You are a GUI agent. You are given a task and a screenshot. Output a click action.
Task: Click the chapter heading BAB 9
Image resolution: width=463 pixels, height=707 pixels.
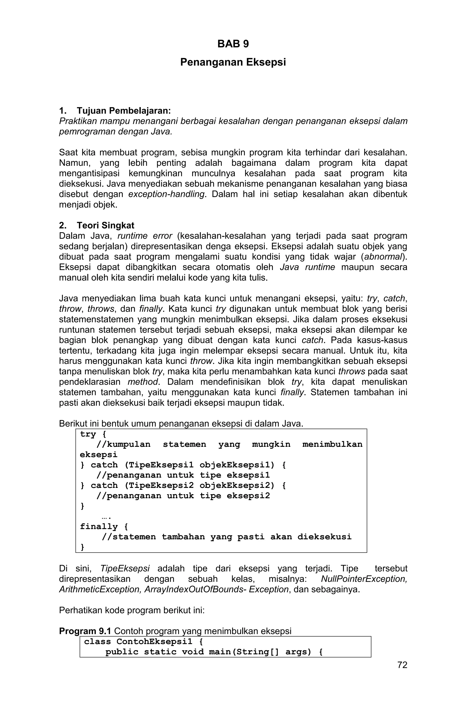tap(233, 44)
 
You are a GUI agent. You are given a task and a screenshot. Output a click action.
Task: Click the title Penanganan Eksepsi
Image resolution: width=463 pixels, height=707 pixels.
tap(233, 62)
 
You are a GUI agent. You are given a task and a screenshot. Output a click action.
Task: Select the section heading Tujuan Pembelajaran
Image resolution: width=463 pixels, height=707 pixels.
tap(123, 111)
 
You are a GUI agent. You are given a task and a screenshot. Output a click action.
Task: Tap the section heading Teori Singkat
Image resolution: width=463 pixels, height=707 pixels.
tap(105, 225)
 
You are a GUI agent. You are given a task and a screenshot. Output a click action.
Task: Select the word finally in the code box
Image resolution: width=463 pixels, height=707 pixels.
tap(99, 527)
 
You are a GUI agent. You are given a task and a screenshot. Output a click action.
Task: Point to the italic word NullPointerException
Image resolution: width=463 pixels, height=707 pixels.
tap(364, 579)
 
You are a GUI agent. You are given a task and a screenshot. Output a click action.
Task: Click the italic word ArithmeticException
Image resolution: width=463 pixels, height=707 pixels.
tap(100, 589)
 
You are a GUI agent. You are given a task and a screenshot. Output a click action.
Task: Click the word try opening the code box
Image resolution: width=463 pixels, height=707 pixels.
tap(88, 434)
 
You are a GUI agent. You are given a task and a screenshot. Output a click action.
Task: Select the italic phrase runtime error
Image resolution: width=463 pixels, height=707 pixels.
tap(145, 236)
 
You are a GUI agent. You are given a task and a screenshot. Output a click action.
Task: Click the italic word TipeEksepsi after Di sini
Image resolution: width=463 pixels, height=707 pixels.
tap(125, 569)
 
